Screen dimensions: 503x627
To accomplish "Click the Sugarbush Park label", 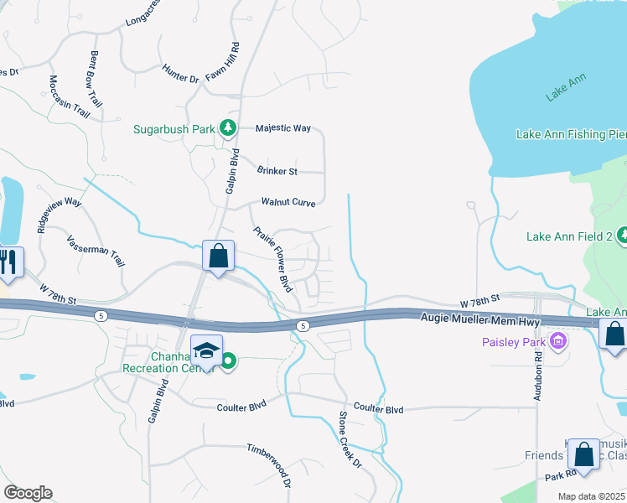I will (174, 129).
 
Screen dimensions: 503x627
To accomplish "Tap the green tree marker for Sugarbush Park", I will (226, 128).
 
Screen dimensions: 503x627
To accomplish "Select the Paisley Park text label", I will (513, 342).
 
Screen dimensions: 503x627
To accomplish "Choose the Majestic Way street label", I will (283, 128).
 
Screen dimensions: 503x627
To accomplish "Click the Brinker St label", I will (277, 171).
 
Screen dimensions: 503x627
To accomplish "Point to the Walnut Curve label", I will (288, 202).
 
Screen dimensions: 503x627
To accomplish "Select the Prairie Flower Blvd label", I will (272, 258).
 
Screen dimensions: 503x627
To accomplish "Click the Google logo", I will (27, 493).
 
